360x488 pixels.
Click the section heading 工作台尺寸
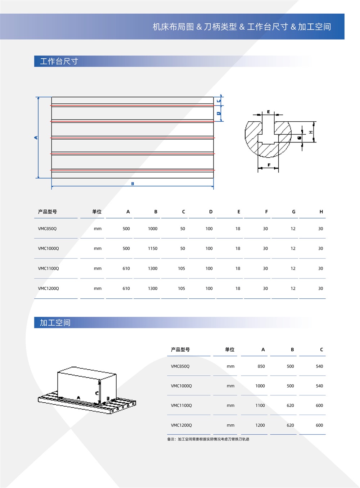(59, 61)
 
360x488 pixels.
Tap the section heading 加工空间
(55, 322)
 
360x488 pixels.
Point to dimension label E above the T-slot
(268, 112)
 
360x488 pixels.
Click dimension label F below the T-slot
(269, 165)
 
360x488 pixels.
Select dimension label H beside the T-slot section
(311, 132)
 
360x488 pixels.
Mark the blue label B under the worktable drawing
(132, 184)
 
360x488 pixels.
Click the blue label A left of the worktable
(36, 137)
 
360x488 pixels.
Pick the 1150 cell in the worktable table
(153, 249)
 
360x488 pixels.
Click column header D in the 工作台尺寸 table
(211, 212)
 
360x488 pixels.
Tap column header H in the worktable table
(321, 212)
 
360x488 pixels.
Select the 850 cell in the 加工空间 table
(261, 366)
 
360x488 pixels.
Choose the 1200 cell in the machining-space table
(260, 425)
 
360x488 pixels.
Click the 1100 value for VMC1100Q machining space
(260, 406)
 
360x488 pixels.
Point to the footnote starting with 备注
(208, 439)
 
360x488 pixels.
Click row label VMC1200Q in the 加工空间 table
(181, 425)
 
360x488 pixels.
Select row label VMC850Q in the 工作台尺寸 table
(47, 229)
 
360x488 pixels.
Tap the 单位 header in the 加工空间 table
(230, 349)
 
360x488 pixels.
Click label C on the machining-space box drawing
(97, 393)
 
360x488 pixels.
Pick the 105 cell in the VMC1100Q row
(181, 268)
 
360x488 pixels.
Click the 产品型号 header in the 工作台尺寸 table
(48, 212)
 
